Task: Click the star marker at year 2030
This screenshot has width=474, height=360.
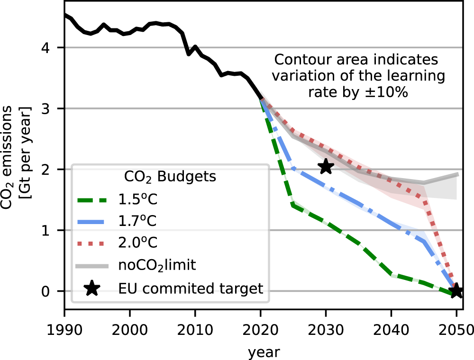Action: pyautogui.click(x=326, y=167)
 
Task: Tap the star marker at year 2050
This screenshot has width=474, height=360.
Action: pyautogui.click(x=456, y=290)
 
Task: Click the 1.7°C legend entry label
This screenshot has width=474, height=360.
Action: pyautogui.click(x=137, y=221)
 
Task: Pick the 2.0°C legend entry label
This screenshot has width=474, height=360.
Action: pyautogui.click(x=137, y=243)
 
